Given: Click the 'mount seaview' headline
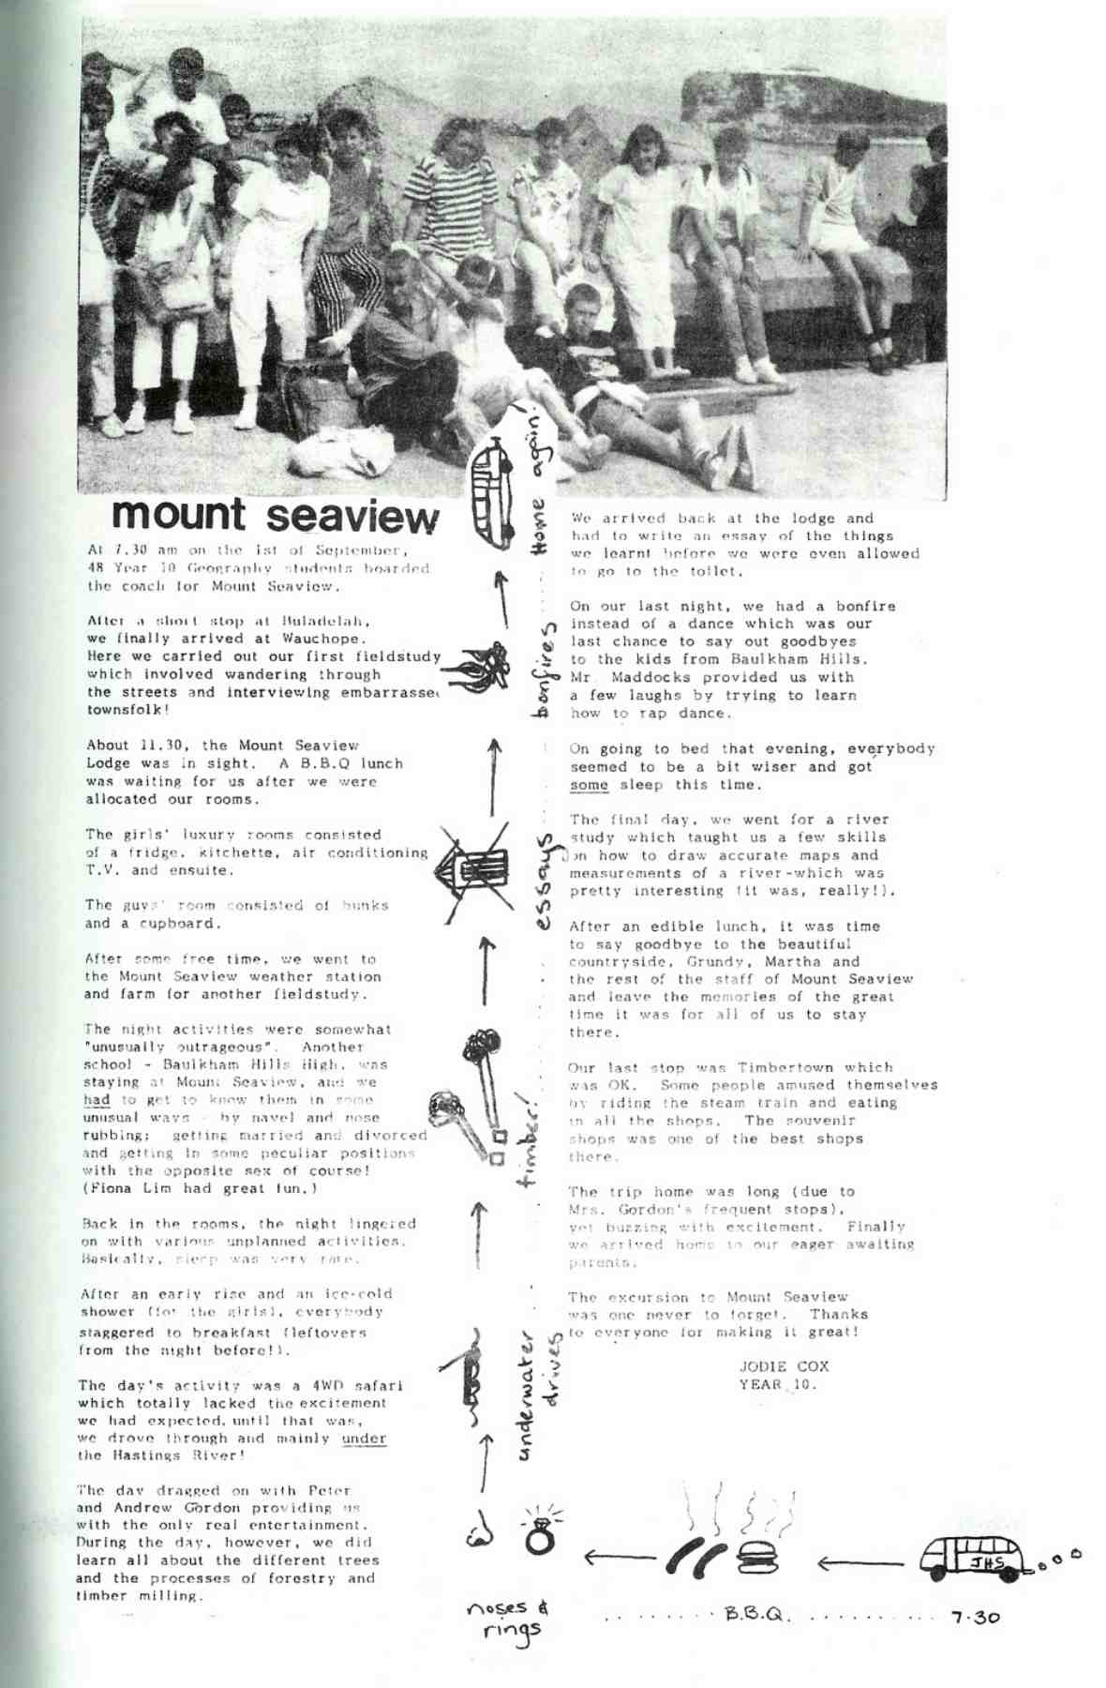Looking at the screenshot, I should (275, 515).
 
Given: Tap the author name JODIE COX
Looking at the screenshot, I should (784, 1366).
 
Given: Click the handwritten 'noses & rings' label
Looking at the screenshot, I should (510, 1620).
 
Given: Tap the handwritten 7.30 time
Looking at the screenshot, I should (975, 1618).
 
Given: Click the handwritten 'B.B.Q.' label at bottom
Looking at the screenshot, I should (757, 1617).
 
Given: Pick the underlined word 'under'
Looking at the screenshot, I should (364, 1439).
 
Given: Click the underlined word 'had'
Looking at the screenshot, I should (97, 1100).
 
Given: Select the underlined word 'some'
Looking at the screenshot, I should (589, 785).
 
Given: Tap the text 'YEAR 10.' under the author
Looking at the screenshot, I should (778, 1384).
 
